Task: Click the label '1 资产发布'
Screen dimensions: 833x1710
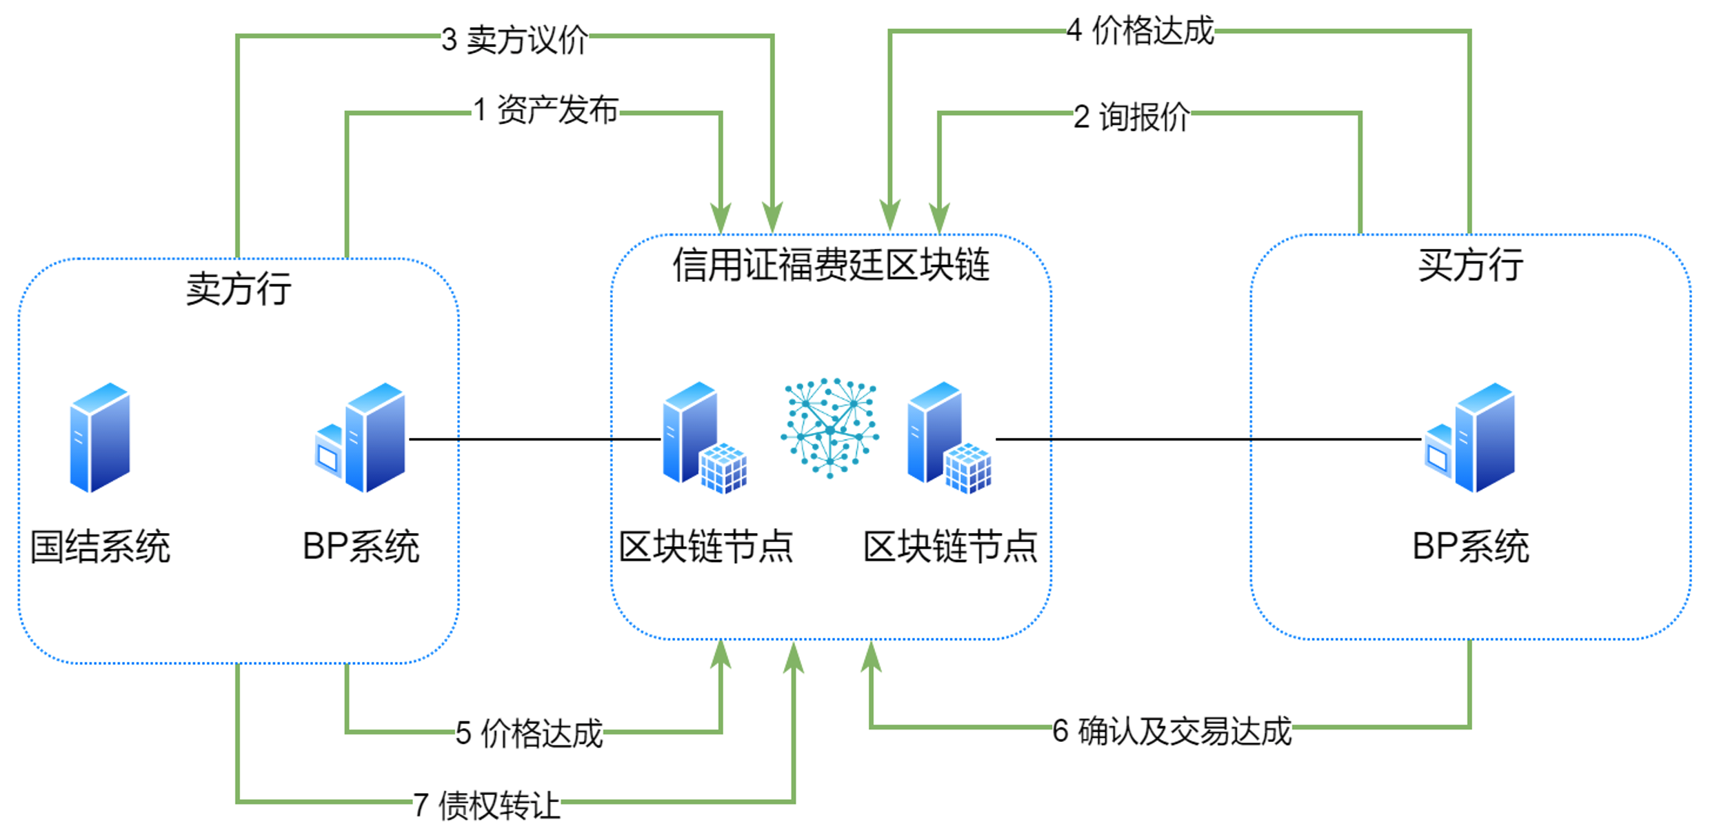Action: [x=546, y=111]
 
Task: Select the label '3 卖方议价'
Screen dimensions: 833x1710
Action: [x=515, y=39]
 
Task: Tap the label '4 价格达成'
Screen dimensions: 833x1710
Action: [x=1140, y=31]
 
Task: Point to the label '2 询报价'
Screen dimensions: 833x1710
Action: [x=1131, y=117]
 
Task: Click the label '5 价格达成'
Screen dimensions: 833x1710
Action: [x=530, y=733]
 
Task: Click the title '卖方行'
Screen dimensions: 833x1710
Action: [x=239, y=288]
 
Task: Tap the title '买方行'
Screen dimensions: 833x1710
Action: [x=1470, y=265]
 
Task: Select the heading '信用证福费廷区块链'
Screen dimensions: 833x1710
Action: [x=831, y=265]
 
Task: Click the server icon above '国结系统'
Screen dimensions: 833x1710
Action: [x=100, y=437]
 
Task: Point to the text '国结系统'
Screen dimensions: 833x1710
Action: [x=100, y=547]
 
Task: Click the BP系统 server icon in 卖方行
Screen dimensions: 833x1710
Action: [x=361, y=439]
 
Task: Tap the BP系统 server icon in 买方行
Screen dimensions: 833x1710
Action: [x=1470, y=439]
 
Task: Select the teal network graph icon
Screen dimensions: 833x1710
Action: [x=830, y=428]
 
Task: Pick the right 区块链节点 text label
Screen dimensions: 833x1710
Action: [x=950, y=547]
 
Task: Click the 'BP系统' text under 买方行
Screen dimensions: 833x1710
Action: [x=1470, y=547]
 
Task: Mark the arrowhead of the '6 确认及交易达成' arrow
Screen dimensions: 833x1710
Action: [x=872, y=655]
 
